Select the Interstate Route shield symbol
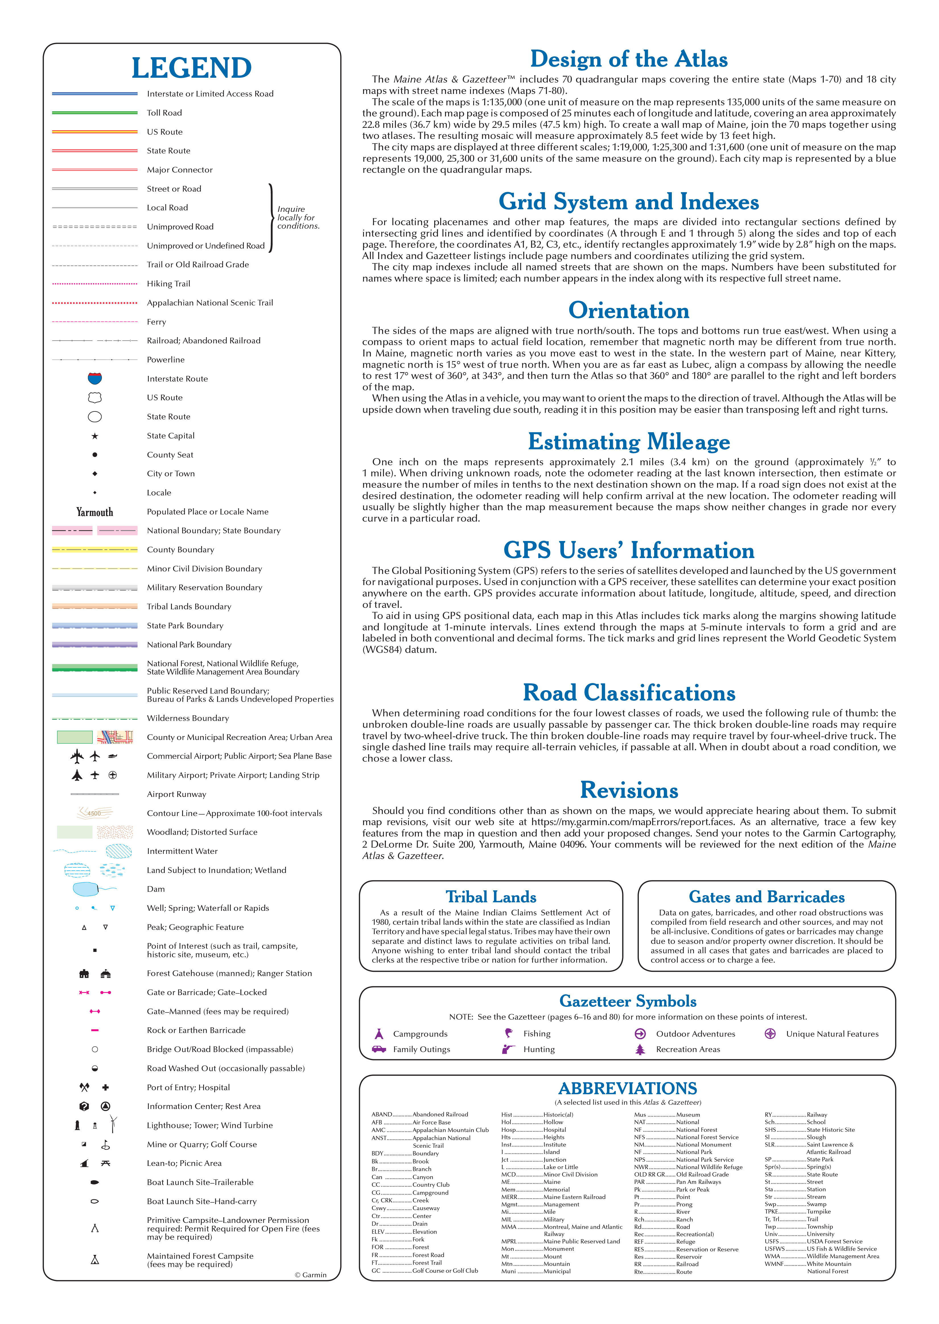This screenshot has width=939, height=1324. [95, 378]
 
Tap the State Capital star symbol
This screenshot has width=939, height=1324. [95, 436]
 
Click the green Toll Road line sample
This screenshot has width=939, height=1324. [95, 113]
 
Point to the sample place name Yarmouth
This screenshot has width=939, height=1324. [95, 512]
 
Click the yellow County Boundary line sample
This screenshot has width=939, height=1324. [95, 550]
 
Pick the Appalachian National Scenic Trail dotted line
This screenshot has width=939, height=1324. [95, 302]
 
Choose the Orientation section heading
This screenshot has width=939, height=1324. [629, 311]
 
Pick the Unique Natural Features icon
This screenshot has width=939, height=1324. [770, 1034]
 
